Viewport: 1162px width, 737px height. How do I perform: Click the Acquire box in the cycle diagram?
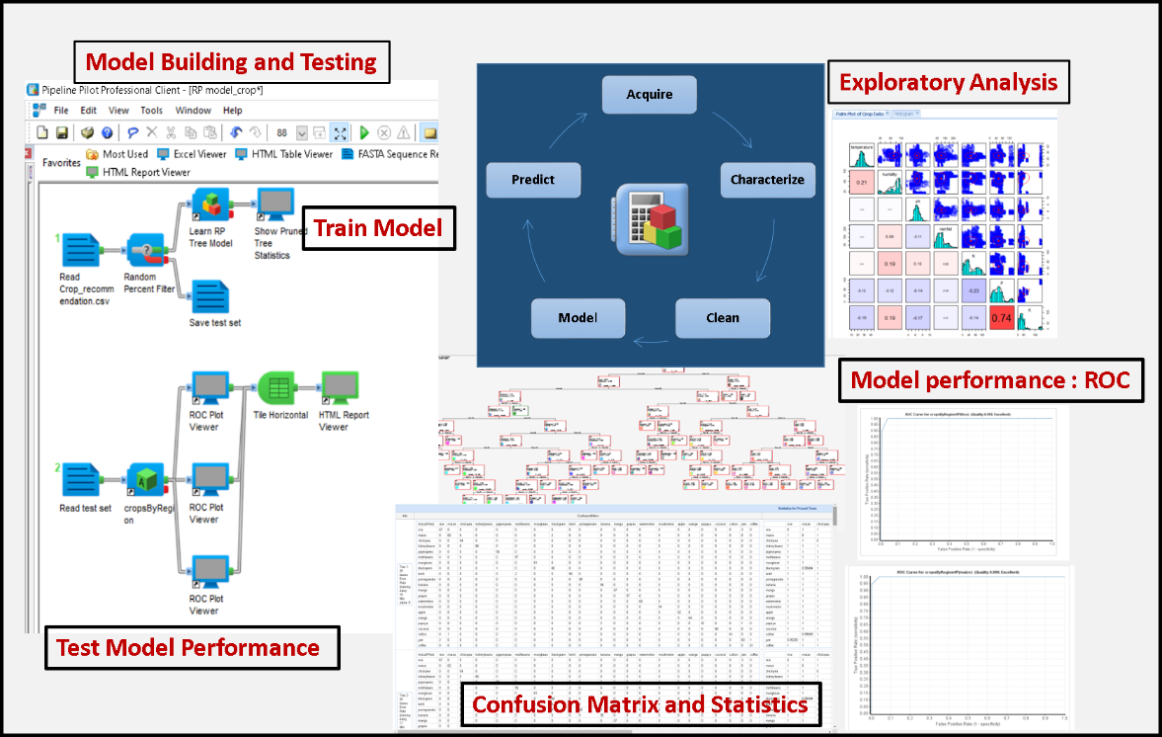point(650,95)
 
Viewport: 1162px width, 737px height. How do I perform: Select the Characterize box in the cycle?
point(767,180)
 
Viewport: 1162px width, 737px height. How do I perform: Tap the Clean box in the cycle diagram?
point(722,318)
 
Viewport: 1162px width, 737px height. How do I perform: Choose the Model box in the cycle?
point(578,318)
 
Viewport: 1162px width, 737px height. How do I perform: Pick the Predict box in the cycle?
point(533,180)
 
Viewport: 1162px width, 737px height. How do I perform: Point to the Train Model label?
point(378,229)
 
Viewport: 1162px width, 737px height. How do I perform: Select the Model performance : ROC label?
point(990,380)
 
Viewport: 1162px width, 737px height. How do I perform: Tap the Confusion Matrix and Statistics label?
point(640,705)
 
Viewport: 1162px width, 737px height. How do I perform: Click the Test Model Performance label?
point(189,648)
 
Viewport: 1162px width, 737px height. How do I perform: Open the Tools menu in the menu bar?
point(151,111)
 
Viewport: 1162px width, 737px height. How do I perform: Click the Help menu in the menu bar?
point(232,111)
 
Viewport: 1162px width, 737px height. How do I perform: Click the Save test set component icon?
point(210,297)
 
